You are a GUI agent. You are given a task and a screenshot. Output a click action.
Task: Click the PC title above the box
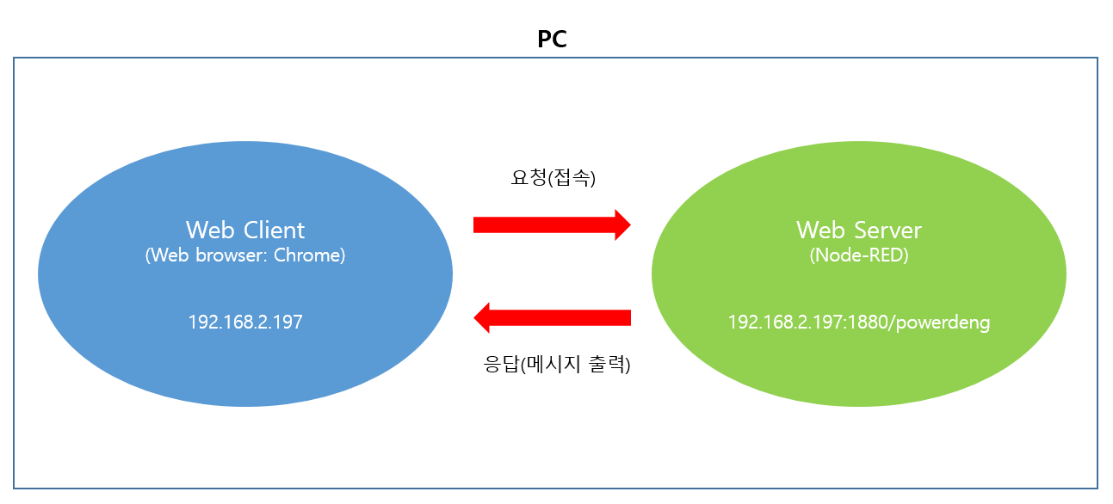[552, 40]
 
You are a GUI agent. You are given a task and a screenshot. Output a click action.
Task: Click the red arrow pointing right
[551, 225]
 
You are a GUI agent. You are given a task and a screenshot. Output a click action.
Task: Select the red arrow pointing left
[552, 317]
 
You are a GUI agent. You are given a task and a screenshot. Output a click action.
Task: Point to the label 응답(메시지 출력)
[557, 364]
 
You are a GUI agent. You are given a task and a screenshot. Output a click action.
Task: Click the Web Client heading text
[245, 230]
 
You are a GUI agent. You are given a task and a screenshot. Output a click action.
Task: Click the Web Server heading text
[858, 230]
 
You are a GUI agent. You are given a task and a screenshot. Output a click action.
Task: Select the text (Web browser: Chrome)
[245, 255]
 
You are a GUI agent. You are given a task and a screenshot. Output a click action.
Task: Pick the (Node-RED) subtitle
[858, 255]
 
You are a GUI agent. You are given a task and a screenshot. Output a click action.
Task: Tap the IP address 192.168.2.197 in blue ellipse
[245, 323]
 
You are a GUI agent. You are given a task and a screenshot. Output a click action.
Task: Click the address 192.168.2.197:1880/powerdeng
[858, 323]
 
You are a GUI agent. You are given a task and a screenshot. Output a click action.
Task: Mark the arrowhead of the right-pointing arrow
[621, 225]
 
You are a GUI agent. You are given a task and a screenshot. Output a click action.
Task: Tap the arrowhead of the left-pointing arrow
[483, 317]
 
